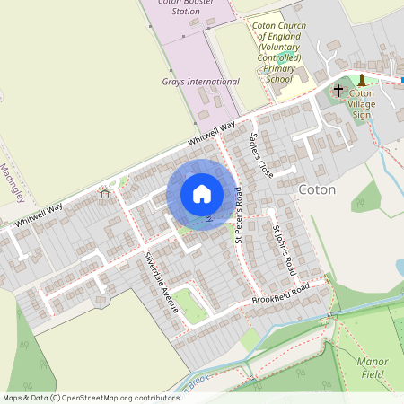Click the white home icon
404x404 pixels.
(x=202, y=194)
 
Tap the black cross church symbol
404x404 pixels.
(x=338, y=90)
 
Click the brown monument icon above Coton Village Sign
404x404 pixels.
(x=363, y=79)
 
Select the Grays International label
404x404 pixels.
(x=201, y=82)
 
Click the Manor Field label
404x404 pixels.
(x=372, y=367)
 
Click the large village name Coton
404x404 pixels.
(x=316, y=190)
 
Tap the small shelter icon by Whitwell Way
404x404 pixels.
(x=105, y=191)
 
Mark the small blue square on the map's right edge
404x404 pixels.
(x=401, y=79)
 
